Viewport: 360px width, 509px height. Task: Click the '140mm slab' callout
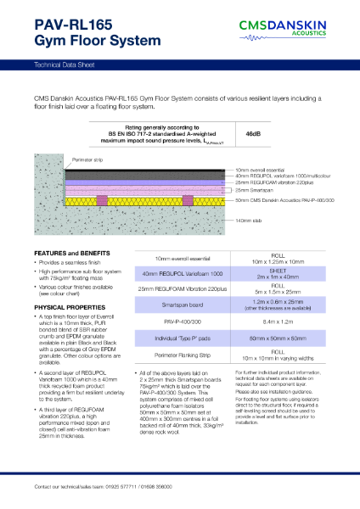pos(252,220)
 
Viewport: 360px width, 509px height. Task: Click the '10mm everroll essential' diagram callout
pos(264,171)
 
